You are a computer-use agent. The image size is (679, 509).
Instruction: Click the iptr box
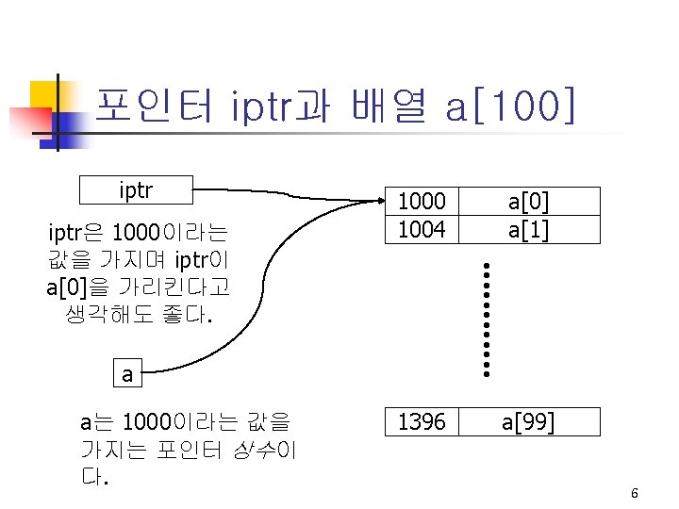click(x=137, y=190)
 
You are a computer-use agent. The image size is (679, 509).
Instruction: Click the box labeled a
click(x=127, y=373)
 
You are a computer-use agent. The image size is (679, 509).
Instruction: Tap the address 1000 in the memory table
click(x=421, y=201)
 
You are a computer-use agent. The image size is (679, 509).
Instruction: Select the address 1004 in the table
click(x=421, y=228)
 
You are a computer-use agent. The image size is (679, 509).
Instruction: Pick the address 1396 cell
click(x=421, y=421)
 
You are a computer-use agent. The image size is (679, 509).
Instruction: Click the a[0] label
click(x=529, y=201)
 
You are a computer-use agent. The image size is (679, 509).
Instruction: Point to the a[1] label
click(x=529, y=228)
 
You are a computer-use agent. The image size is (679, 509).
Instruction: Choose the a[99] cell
click(x=528, y=421)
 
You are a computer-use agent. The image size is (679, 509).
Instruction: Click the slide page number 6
click(x=635, y=494)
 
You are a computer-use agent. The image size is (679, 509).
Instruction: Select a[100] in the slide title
click(x=510, y=106)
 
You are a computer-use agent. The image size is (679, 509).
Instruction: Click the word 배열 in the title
click(x=388, y=106)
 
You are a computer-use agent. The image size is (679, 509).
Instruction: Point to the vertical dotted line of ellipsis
click(x=488, y=320)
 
